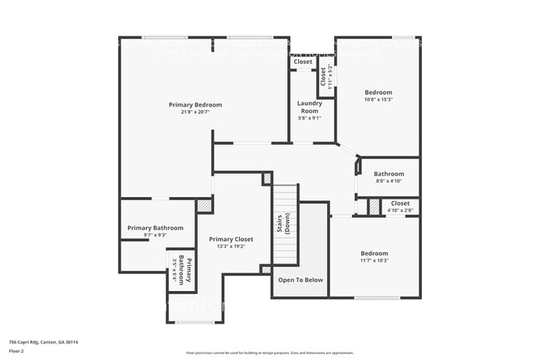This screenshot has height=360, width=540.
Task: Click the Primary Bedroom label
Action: click(195, 105)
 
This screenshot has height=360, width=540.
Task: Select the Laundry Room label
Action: click(310, 107)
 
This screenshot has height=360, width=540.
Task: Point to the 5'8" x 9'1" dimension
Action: click(310, 118)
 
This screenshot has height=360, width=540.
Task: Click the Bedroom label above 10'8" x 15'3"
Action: click(378, 92)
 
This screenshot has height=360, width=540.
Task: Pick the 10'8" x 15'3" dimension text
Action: click(378, 100)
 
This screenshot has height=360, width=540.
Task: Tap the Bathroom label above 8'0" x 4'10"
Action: click(389, 174)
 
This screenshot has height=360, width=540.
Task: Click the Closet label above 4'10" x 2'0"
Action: click(400, 203)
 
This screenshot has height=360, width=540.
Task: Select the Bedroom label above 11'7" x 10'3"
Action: click(374, 253)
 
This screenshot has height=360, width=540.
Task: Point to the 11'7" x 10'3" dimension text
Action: click(374, 260)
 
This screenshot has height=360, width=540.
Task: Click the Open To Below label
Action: click(301, 280)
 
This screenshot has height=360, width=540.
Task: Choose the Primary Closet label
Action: click(231, 239)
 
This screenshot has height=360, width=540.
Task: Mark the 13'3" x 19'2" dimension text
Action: click(231, 247)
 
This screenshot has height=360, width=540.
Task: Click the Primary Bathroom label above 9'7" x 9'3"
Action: click(155, 228)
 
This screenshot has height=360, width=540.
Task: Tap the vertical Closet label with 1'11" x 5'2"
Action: click(324, 77)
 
